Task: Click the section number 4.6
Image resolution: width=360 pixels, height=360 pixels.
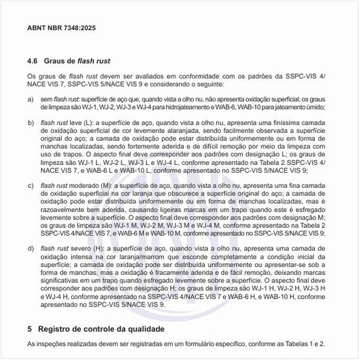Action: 33,61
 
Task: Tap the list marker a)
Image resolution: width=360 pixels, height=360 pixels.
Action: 30,99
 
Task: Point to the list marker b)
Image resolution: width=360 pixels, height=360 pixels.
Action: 30,122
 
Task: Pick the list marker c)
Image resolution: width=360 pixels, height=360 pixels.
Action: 30,185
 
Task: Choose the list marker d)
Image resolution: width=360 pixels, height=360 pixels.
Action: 30,249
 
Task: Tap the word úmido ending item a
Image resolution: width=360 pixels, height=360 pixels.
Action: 315,107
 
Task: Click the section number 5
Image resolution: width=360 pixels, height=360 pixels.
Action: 30,328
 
